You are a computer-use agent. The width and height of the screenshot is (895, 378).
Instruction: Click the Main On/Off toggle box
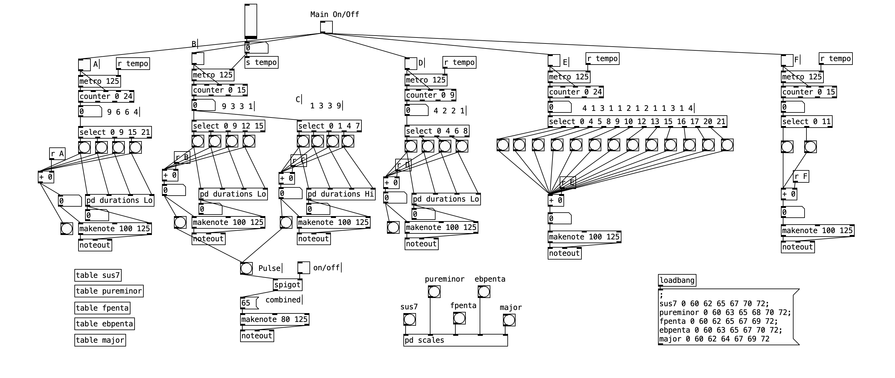click(x=326, y=27)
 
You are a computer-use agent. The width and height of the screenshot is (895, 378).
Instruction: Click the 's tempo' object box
click(x=261, y=63)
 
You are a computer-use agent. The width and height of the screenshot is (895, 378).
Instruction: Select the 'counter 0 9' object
click(x=430, y=95)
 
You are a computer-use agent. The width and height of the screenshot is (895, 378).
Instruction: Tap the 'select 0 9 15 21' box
click(x=115, y=132)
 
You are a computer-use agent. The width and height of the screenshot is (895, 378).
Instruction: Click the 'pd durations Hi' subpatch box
click(x=340, y=194)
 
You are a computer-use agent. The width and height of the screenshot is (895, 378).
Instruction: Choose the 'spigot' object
click(x=287, y=285)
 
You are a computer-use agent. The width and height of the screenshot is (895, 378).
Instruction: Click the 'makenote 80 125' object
click(x=274, y=319)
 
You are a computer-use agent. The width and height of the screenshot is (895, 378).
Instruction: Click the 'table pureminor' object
click(x=109, y=291)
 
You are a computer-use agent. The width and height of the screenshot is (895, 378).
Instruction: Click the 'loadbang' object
click(x=677, y=280)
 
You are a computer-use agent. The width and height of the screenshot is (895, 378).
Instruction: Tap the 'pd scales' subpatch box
click(x=455, y=341)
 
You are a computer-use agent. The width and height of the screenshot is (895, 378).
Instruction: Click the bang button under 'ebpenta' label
click(x=484, y=292)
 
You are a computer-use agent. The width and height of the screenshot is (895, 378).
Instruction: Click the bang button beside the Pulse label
click(x=246, y=268)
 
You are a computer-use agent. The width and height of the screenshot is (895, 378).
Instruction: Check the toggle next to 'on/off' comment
click(x=303, y=268)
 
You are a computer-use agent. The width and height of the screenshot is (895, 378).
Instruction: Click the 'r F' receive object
click(x=800, y=176)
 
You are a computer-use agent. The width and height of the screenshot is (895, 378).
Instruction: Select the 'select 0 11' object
click(x=806, y=122)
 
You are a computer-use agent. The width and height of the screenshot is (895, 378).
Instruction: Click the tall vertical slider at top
click(x=251, y=21)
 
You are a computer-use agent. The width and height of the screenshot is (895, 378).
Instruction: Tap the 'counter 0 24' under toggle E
click(x=575, y=92)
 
